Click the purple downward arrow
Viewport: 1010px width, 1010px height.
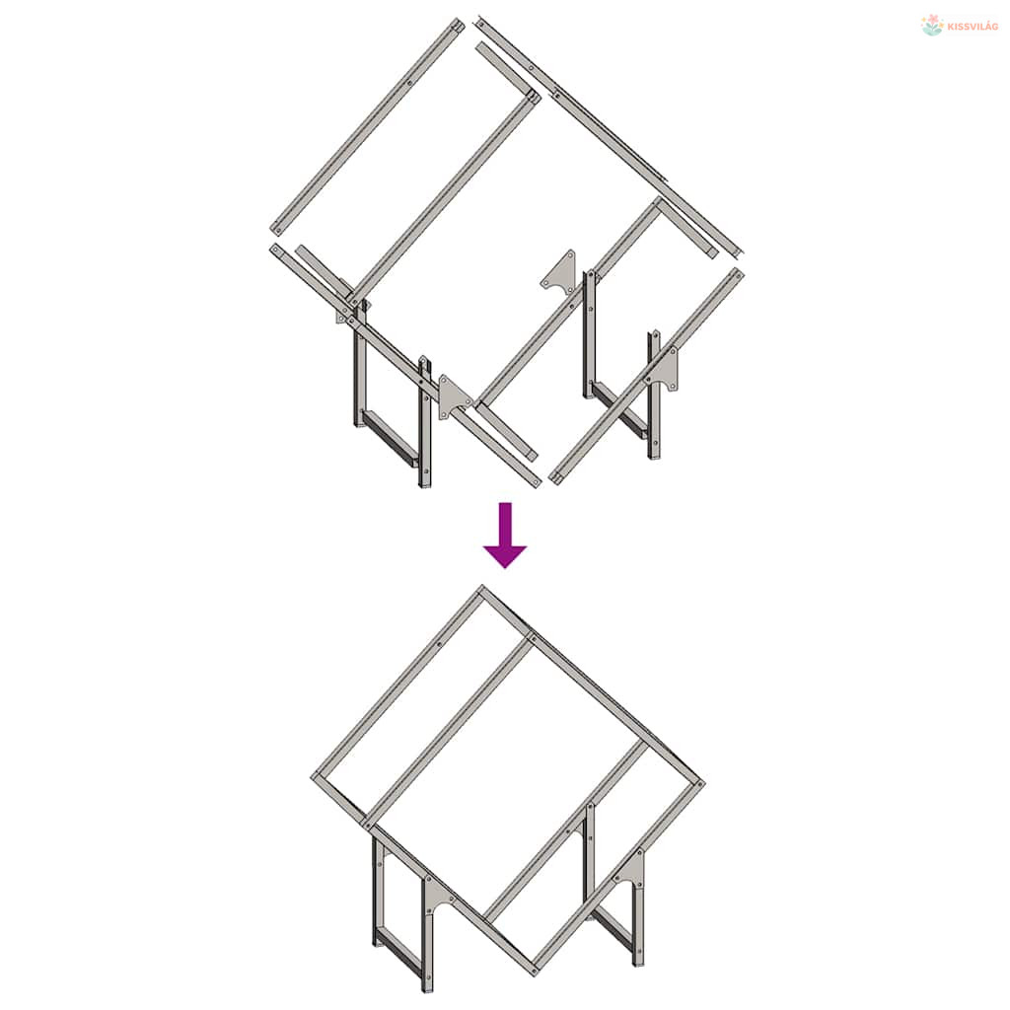pyautogui.click(x=506, y=535)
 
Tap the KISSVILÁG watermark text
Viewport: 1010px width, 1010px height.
pyautogui.click(x=974, y=27)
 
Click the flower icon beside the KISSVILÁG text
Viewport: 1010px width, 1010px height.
pyautogui.click(x=932, y=25)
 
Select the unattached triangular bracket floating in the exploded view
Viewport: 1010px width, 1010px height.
pyautogui.click(x=558, y=273)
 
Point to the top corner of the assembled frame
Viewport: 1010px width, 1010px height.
pyautogui.click(x=481, y=588)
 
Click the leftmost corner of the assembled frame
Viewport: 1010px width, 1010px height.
pyautogui.click(x=315, y=777)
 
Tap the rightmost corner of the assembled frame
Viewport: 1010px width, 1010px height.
pyautogui.click(x=702, y=784)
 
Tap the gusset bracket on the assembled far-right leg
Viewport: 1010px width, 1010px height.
pyautogui.click(x=630, y=870)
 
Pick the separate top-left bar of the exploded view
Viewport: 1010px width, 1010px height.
pyautogui.click(x=367, y=126)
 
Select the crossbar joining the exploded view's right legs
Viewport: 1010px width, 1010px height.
pyautogui.click(x=619, y=411)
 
